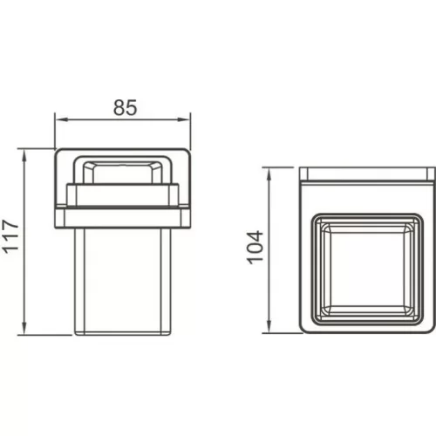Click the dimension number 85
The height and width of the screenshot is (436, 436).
[125, 107]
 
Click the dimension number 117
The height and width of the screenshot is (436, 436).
[10, 236]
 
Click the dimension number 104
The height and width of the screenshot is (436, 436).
[255, 248]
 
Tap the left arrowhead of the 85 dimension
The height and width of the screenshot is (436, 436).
[61, 119]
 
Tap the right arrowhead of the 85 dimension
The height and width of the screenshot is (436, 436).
[184, 119]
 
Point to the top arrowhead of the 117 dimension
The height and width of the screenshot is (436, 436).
[24, 155]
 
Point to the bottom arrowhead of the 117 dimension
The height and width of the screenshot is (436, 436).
[24, 329]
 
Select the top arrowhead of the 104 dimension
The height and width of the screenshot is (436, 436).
[269, 174]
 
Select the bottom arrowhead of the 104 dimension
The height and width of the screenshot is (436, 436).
[269, 327]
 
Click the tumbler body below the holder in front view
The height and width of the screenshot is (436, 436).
[122, 282]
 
